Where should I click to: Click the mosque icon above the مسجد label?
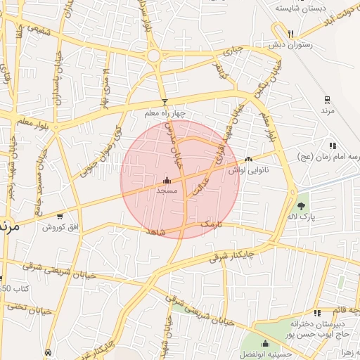[x=167, y=180]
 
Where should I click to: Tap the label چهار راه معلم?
[x=163, y=113]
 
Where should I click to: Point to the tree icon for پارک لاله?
[x=302, y=206]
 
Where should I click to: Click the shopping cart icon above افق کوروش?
[x=60, y=217]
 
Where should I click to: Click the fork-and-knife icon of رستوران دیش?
[x=290, y=33]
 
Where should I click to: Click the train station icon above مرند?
[x=327, y=100]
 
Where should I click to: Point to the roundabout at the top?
[x=154, y=55]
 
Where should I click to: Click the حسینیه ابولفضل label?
[x=261, y=354]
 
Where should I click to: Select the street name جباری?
[x=233, y=51]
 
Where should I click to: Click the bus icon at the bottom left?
[x=48, y=352]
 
